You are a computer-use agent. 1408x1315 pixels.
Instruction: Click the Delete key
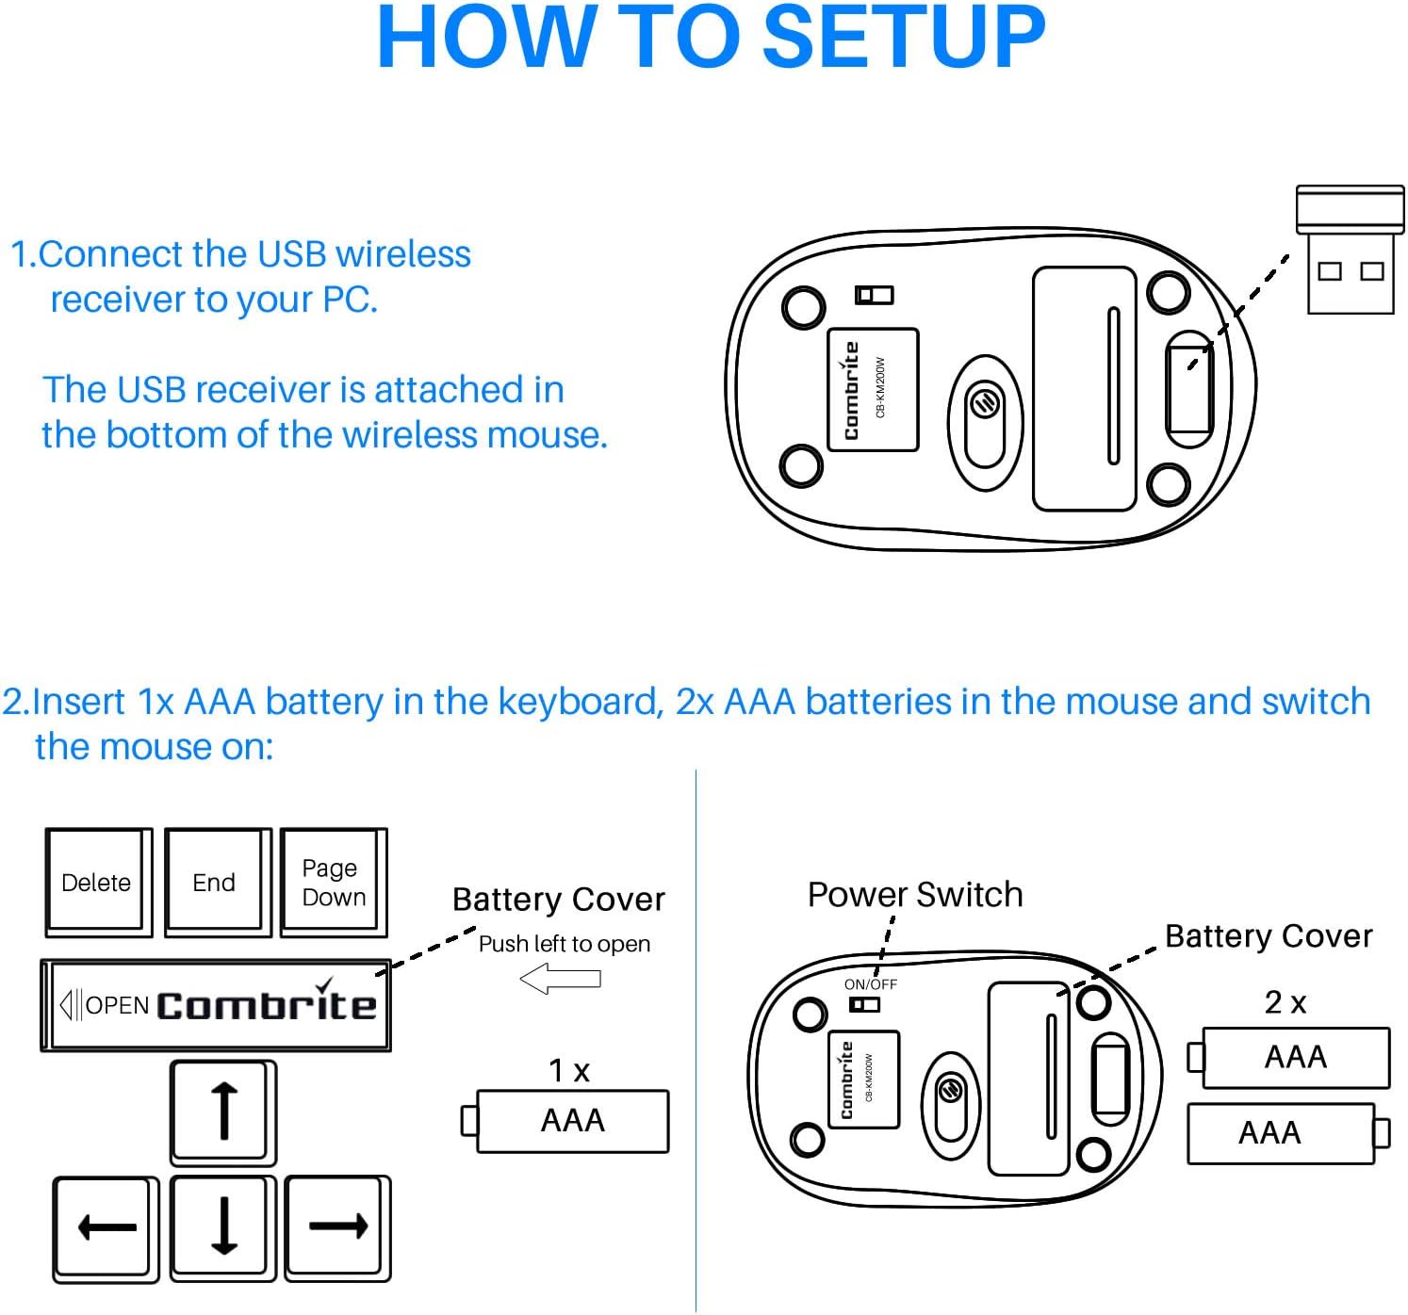(96, 882)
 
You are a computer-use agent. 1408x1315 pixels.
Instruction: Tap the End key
(215, 882)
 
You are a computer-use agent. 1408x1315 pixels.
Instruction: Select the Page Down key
(333, 882)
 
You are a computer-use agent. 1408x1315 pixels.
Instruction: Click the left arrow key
(106, 1226)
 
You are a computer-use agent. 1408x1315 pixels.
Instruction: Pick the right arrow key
(337, 1226)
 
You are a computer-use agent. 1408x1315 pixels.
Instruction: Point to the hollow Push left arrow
(561, 980)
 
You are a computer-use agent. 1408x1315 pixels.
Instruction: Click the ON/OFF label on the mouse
(870, 984)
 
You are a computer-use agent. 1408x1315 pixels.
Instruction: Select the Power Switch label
(914, 894)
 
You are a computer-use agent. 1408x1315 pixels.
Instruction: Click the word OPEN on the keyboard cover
(117, 1005)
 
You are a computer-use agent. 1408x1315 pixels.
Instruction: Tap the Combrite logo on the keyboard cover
(267, 1004)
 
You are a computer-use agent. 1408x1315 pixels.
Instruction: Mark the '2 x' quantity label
(1285, 1002)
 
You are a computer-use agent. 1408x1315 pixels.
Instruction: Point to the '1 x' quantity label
(569, 1070)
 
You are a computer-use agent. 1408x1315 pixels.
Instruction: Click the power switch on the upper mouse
(874, 296)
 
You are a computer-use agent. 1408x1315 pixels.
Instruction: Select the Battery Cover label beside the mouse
(1268, 935)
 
